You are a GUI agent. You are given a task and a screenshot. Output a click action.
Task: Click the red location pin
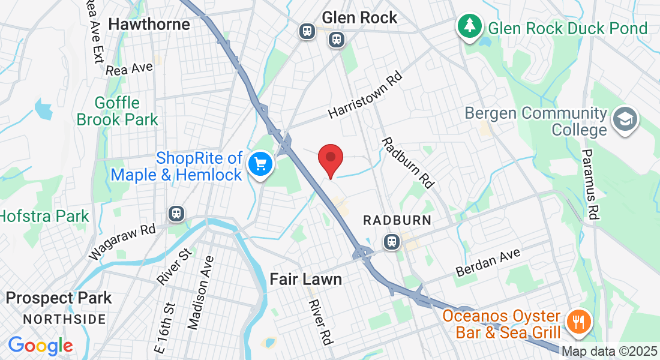[x=330, y=159]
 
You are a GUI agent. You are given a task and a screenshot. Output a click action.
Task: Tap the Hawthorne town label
[x=149, y=24]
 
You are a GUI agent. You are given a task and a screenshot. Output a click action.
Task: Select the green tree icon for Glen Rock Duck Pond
[x=469, y=27]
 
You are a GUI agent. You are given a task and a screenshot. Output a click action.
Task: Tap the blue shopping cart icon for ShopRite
[x=261, y=164]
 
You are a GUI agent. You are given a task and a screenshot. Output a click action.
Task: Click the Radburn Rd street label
[x=408, y=162]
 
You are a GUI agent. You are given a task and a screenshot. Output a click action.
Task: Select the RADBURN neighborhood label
[x=397, y=220]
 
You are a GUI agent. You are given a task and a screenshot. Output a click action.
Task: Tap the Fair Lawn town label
[x=305, y=279]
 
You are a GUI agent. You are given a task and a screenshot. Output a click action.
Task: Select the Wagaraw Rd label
[x=122, y=242]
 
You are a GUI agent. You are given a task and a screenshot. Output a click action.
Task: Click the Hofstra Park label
[x=43, y=216]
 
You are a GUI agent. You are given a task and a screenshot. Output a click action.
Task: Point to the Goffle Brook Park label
[x=117, y=112]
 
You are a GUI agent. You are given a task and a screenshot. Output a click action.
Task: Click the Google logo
[x=40, y=346]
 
